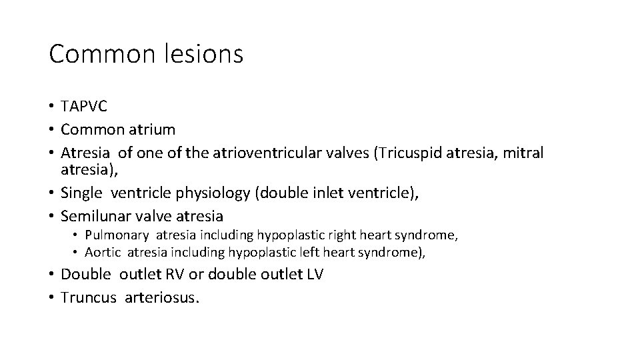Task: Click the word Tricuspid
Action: pos(408,153)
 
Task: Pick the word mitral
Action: pos(524,153)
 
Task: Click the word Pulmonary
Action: pos(113,235)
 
